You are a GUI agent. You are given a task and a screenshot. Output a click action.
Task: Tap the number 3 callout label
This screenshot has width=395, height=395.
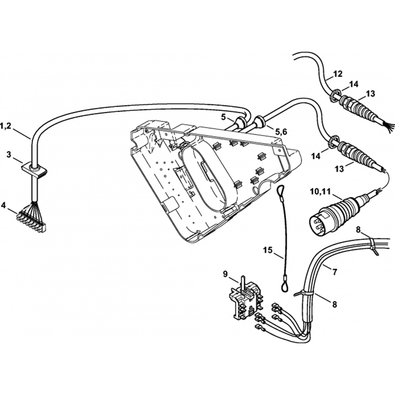[9, 154]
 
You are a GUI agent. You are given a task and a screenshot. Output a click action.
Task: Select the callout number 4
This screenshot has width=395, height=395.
[3, 205]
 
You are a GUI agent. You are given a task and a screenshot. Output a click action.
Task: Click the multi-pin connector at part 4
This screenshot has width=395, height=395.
[31, 221]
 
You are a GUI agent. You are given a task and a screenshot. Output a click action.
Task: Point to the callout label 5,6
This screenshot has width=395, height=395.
[281, 132]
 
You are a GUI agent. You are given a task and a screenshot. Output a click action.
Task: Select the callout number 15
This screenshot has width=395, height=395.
[268, 250]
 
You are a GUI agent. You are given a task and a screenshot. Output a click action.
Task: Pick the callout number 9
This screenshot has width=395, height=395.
[226, 273]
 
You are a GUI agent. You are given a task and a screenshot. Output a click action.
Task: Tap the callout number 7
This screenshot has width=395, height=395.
[335, 272]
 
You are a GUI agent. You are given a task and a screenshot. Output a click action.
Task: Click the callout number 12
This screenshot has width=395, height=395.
[338, 74]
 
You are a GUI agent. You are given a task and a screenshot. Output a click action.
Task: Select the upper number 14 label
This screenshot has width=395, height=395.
[354, 84]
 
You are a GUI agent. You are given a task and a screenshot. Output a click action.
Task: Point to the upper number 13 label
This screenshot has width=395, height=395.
[370, 94]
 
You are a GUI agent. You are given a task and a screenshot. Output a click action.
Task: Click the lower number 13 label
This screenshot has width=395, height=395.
[340, 169]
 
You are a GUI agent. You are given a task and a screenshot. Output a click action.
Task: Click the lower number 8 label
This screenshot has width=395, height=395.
[335, 305]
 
